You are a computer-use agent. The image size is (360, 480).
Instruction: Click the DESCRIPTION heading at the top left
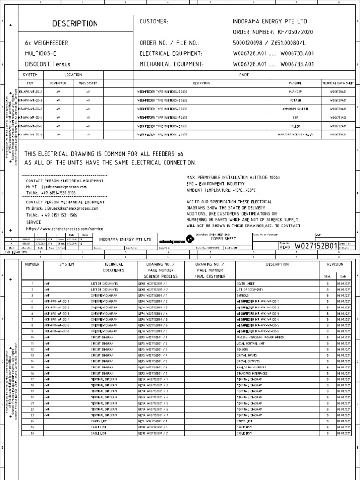click(75, 23)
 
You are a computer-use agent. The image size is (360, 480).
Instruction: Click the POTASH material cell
click(295, 100)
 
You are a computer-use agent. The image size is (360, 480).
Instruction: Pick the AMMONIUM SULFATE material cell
click(295, 109)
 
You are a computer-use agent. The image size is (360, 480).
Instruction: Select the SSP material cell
click(295, 117)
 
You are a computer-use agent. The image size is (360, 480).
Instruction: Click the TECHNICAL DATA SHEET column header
click(338, 83)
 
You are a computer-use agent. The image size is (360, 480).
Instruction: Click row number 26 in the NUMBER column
click(32, 433)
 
